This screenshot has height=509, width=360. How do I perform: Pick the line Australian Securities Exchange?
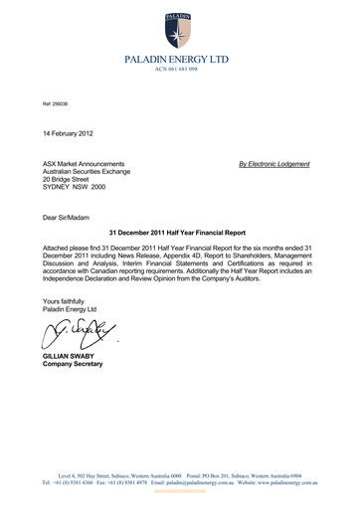(92, 172)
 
